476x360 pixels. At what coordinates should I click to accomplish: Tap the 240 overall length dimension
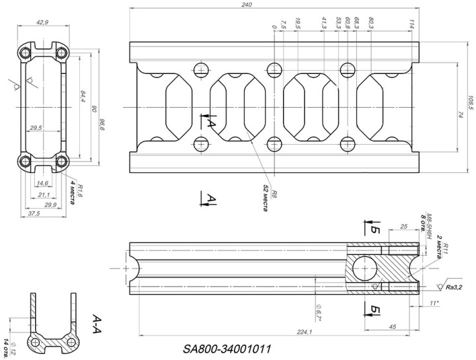pos(247,5)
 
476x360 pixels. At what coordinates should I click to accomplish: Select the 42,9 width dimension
pos(42,22)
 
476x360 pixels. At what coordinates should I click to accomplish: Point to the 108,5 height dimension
pos(470,104)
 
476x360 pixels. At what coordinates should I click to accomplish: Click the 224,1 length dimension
pos(305,332)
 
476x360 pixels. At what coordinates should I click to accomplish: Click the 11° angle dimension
pos(434,303)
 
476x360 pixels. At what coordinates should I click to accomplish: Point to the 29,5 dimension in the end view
pos(36,127)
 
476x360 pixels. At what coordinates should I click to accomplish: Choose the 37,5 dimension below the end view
pos(32,213)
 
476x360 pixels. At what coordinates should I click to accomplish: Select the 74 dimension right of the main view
pos(458,115)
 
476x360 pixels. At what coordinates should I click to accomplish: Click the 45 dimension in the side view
pos(392,326)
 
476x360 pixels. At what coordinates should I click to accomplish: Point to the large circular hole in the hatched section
pos(363,268)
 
